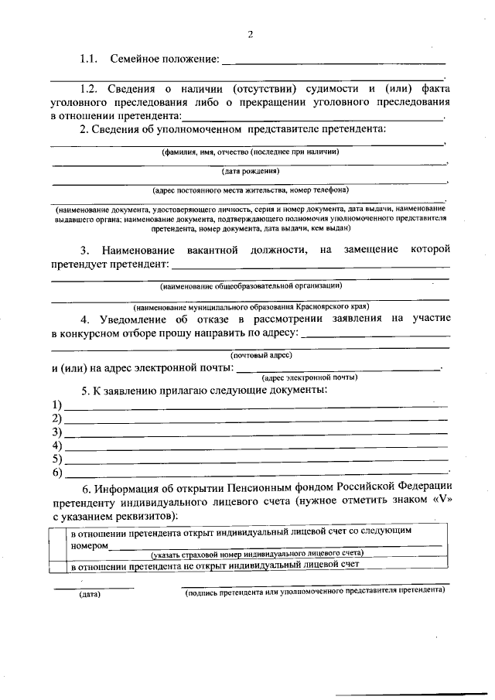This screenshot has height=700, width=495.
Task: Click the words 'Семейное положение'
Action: coord(164,59)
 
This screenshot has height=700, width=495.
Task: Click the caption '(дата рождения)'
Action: coord(251,170)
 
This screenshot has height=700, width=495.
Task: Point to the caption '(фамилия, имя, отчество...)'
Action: coord(251,152)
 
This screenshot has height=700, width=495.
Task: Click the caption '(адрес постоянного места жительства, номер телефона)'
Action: coord(251,189)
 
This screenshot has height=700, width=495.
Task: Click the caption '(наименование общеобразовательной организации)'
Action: coord(251,286)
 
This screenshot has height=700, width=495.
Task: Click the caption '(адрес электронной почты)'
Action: coord(309,377)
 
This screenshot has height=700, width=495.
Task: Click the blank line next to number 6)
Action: coord(255,471)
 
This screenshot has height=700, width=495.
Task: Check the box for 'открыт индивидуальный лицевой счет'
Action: coord(57,539)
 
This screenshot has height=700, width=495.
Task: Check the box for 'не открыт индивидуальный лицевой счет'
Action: coord(57,565)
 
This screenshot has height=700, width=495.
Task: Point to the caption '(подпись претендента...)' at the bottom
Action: coord(314,589)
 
